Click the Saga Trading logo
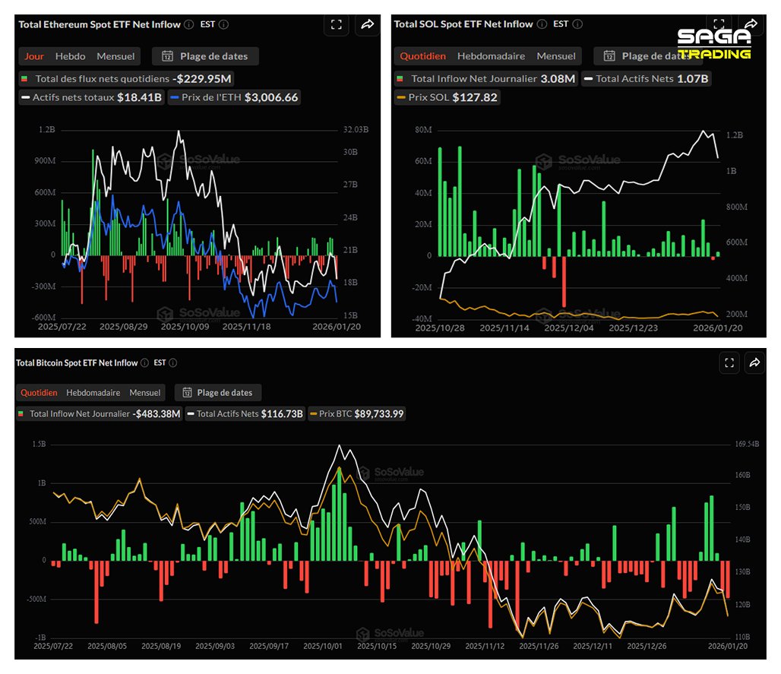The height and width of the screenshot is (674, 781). click(x=713, y=43)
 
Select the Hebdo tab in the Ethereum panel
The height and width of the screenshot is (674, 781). click(x=70, y=56)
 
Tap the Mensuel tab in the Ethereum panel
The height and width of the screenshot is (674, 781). click(x=115, y=56)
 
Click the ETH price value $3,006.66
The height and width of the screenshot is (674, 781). click(x=271, y=97)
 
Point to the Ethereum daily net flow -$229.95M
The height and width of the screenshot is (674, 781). click(x=202, y=78)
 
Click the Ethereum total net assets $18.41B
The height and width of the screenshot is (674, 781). click(x=139, y=97)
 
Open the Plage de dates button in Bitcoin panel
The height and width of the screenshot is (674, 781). click(x=218, y=393)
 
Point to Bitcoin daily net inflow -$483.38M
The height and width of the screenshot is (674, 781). click(x=157, y=414)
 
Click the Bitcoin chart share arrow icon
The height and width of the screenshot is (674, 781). click(x=754, y=363)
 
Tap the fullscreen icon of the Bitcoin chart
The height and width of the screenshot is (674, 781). click(x=729, y=363)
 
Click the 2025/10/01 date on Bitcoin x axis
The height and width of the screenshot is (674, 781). click(x=322, y=646)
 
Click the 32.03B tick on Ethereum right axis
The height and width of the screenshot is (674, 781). click(x=356, y=130)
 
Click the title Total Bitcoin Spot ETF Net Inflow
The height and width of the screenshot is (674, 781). click(x=77, y=363)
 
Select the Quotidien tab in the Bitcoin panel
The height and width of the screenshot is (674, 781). click(x=38, y=393)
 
